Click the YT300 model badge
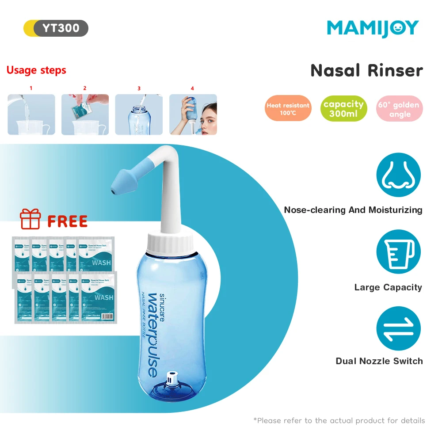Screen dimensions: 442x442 pyautogui.click(x=56, y=28)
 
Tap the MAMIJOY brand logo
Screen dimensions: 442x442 pyautogui.click(x=373, y=28)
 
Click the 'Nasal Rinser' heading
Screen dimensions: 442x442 pyautogui.click(x=366, y=71)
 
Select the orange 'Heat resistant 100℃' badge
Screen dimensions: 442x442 pyautogui.click(x=288, y=109)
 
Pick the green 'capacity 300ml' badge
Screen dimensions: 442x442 pyautogui.click(x=343, y=109)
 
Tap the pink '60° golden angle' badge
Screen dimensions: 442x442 pyautogui.click(x=400, y=109)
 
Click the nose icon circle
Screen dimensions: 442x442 pyautogui.click(x=398, y=175)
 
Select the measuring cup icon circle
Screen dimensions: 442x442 pyautogui.click(x=398, y=252)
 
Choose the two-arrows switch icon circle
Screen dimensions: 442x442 pyautogui.click(x=398, y=329)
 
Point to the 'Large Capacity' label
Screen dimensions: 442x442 pyautogui.click(x=388, y=288)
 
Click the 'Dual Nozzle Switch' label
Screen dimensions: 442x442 pyautogui.click(x=379, y=361)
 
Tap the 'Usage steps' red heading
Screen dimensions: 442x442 pyautogui.click(x=36, y=70)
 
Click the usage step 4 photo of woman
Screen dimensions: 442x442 pyautogui.click(x=193, y=114)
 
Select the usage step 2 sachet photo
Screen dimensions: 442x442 pyautogui.click(x=85, y=114)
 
